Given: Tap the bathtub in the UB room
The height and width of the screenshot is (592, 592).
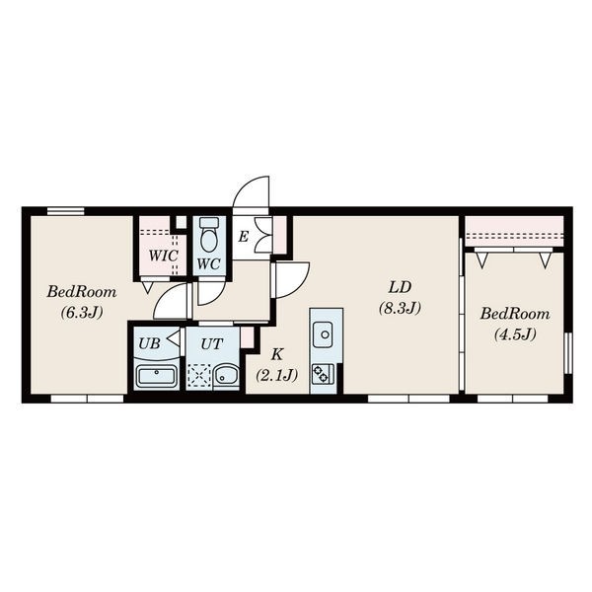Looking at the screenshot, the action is [x=156, y=376].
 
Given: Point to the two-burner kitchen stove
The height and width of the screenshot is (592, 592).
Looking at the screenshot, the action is [x=323, y=374].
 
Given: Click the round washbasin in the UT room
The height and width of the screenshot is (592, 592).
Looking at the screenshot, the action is [x=225, y=376].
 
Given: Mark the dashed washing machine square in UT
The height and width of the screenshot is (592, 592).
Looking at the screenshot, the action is [x=199, y=376].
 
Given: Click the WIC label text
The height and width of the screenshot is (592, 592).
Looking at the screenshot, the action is [x=163, y=256].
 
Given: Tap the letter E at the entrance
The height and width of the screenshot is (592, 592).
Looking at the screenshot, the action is [x=244, y=237].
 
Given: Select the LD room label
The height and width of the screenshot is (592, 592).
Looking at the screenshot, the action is [x=400, y=288].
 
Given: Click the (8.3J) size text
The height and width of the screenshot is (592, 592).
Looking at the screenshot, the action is [x=400, y=309].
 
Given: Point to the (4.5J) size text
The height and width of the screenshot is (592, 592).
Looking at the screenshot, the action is [x=515, y=334].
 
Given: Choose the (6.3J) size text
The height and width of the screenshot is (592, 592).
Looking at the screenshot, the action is [x=82, y=313].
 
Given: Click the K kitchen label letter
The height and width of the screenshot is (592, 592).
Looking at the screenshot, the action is [x=277, y=354].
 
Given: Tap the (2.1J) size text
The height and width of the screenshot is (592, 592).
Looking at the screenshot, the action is [x=276, y=375].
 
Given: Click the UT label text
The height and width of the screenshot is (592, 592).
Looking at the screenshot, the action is [x=212, y=344].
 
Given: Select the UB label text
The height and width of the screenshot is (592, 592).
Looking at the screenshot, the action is [x=150, y=343].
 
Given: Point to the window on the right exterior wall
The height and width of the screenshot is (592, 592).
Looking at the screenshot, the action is [x=568, y=353].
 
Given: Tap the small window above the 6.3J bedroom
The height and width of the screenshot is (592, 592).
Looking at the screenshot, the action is [x=66, y=211].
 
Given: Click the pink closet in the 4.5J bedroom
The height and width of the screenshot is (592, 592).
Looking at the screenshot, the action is [x=514, y=231].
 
